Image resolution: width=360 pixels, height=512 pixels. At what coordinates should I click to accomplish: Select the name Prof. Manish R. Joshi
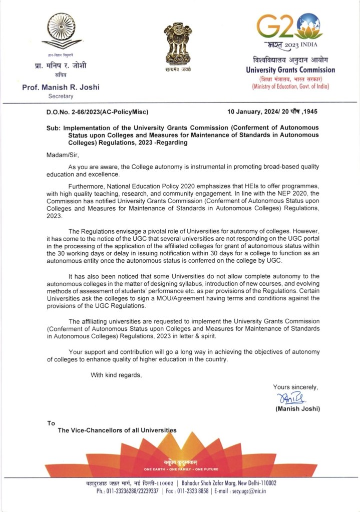pyautogui.click(x=61, y=87)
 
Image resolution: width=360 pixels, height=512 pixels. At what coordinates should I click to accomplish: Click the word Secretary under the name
pyautogui.click(x=61, y=96)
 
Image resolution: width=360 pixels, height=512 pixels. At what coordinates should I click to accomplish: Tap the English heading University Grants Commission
pyautogui.click(x=290, y=70)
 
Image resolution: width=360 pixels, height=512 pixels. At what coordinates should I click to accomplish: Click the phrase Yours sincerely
pyautogui.click(x=295, y=386)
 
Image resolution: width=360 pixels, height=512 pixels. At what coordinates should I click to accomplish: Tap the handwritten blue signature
pyautogui.click(x=291, y=399)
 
